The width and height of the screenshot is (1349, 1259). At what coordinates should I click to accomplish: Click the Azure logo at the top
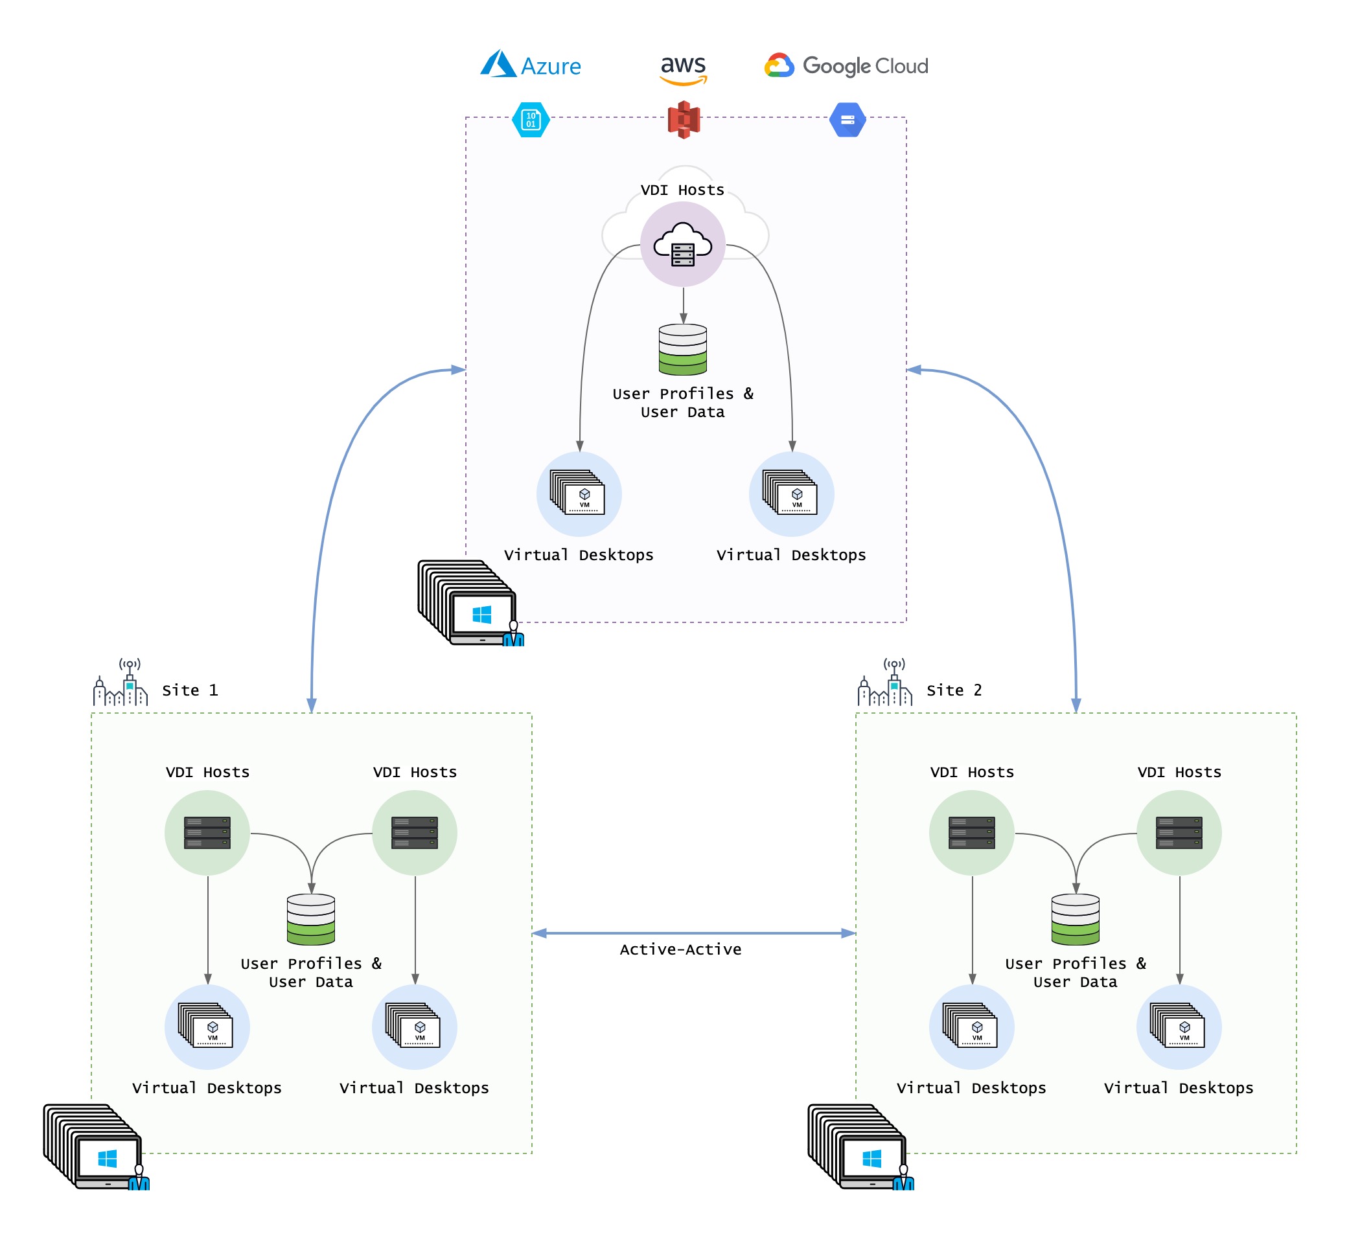pos(531,65)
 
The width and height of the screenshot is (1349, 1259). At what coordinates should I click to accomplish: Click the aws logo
pos(684,69)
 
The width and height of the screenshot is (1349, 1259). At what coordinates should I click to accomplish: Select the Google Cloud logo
pos(846,65)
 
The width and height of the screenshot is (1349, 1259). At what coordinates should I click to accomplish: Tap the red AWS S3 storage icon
pos(684,119)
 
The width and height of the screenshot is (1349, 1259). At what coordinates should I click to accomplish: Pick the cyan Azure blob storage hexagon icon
pos(531,119)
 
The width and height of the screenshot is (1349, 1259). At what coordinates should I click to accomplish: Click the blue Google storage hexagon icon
pos(847,119)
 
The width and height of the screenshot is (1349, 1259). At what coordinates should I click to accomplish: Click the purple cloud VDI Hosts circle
pos(683,244)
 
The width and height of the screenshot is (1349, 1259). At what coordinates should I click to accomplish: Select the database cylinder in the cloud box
pos(683,349)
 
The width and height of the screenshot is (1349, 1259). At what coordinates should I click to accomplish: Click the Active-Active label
pos(680,949)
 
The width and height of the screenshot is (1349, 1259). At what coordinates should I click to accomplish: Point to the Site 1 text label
pos(190,690)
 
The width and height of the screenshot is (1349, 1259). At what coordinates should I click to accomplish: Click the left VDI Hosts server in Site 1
pos(207,832)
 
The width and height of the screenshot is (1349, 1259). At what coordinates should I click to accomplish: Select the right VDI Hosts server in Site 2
pos(1179,832)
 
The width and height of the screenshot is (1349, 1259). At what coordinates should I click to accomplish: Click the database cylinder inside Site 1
pos(311,919)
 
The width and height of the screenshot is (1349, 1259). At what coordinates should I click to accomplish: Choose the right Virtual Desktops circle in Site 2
pos(1179,1026)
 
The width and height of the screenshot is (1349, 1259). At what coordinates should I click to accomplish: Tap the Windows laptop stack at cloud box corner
pos(470,602)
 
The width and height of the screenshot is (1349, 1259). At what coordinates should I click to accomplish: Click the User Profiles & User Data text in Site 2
pos(1075,972)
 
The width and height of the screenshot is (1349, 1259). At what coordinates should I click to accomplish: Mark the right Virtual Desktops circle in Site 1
pos(414,1026)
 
